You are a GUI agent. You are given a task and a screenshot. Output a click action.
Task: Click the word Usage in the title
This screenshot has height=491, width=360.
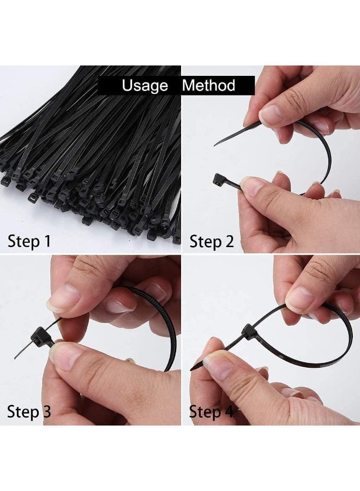[x=145, y=86]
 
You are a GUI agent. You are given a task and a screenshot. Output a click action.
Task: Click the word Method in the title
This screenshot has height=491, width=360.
[x=208, y=86]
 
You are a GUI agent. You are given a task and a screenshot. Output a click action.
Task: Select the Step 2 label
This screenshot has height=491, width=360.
[x=212, y=241]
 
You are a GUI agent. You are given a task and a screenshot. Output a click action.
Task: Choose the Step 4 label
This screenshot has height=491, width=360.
[x=212, y=411]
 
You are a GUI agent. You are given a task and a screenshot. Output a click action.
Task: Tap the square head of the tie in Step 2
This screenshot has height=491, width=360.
[x=217, y=179]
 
